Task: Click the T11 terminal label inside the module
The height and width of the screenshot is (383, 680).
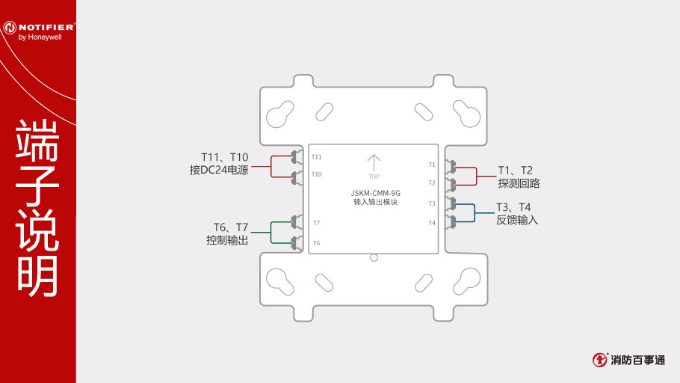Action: coord(317,157)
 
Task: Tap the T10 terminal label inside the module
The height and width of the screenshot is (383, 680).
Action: coord(317,174)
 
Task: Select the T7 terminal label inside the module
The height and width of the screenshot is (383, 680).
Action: coord(317,223)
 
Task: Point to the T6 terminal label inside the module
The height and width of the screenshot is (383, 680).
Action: coord(317,243)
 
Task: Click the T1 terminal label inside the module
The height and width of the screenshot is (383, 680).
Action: coord(431,164)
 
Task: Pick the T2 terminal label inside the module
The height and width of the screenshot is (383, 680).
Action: coord(431,183)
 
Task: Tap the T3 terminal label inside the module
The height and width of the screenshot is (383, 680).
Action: coord(431,203)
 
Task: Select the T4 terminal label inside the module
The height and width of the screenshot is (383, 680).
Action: coord(431,223)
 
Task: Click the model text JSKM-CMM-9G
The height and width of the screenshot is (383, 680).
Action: coord(375,192)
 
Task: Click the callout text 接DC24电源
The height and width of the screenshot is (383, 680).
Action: coord(219,170)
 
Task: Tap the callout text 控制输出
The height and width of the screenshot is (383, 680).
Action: coord(227,240)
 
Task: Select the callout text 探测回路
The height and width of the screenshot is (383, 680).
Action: coord(519,183)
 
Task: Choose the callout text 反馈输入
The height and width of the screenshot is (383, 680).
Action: coord(517,220)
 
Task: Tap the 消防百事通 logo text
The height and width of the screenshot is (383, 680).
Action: coord(637,360)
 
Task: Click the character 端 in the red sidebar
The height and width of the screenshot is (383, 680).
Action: coord(37,139)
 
